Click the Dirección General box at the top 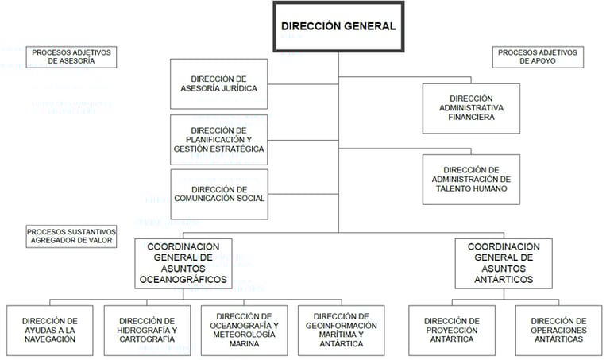coord(338,26)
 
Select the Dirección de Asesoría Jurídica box coord(218,83)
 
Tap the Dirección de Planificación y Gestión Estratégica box coord(218,139)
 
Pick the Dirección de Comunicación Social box coord(218,194)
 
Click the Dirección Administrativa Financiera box coord(470,107)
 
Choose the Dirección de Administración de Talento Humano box coord(470,180)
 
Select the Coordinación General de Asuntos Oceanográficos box coord(183,263)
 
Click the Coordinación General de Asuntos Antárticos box coord(503,263)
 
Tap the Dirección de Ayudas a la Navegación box coord(49,329)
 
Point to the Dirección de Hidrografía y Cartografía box coord(147,329)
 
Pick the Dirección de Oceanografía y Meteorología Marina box coord(245,329)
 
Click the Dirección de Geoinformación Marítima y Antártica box coord(342,329)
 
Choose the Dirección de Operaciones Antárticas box coord(558,329)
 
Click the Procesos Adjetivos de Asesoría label coord(72,57)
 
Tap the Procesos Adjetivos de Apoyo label coord(539,57)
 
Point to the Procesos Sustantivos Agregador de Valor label coord(71,235)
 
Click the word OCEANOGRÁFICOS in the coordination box coord(183,280)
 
